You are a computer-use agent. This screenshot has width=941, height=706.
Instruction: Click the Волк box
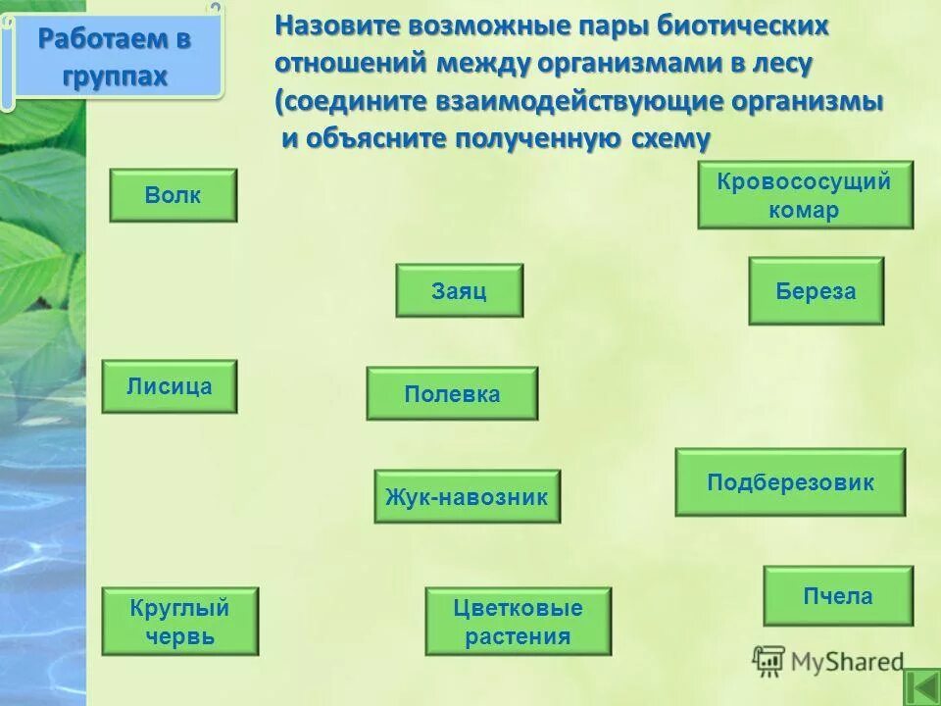point(173,195)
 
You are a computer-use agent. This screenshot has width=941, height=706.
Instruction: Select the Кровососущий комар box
point(805,195)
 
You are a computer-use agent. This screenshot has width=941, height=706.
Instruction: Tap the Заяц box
point(459,290)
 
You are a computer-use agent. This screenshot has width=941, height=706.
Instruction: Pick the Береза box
point(816,291)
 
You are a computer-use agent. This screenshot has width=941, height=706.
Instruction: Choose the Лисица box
point(169,386)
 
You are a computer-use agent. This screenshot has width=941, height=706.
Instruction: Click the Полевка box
point(452,394)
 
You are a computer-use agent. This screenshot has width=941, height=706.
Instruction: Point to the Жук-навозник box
point(467,496)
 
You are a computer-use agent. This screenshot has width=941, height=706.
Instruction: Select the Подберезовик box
point(790,482)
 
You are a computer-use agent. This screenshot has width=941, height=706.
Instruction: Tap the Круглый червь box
point(179,622)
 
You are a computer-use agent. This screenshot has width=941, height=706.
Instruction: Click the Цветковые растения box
point(518,622)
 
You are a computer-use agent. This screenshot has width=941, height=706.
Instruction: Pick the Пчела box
point(838,595)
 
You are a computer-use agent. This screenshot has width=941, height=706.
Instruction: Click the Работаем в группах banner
point(116,57)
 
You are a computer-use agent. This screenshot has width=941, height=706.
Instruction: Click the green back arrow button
point(920,686)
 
